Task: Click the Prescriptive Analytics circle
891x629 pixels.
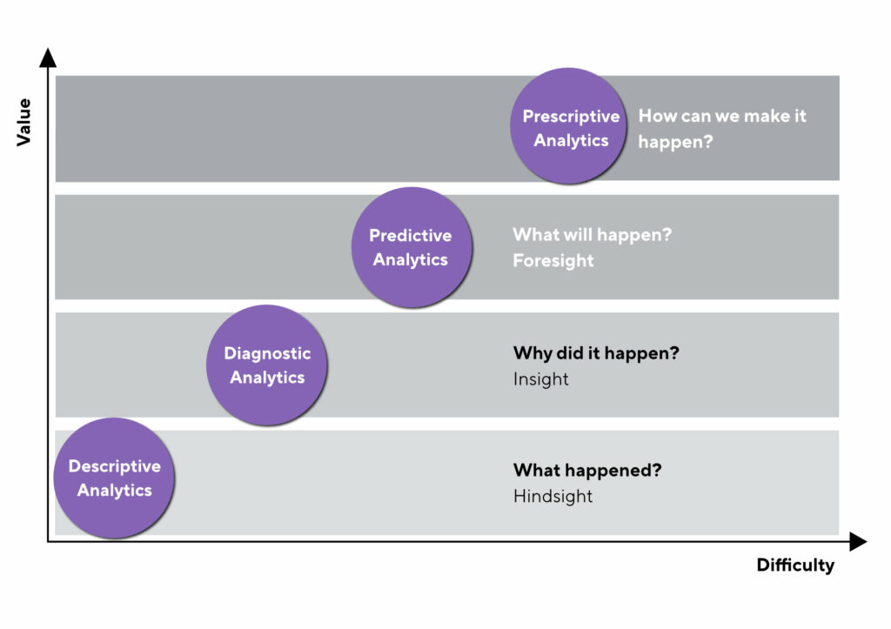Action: coord(569,127)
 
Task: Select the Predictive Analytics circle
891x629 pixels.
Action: coord(411,247)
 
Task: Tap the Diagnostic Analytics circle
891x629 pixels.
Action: coord(267,365)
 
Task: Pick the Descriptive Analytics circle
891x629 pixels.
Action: coord(114,478)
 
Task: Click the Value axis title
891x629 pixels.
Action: coord(24,122)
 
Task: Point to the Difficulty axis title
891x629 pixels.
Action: coord(794,565)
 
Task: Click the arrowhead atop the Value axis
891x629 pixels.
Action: coord(48,58)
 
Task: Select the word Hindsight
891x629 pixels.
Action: coord(553,497)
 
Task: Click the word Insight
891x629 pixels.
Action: coord(540,379)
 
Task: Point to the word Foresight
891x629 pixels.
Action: coord(553,260)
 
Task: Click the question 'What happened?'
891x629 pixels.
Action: coord(587,471)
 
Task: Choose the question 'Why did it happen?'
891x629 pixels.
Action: coord(596,354)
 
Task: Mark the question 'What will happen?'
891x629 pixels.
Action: coord(592,235)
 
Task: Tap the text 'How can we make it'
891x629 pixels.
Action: coord(722,116)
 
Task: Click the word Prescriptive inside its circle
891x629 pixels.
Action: coord(571,117)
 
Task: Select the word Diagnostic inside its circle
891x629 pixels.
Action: coord(267,353)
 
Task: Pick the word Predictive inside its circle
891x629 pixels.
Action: coord(411,235)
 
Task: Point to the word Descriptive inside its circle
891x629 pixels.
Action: coord(114,466)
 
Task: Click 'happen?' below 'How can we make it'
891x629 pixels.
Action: coord(675,141)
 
